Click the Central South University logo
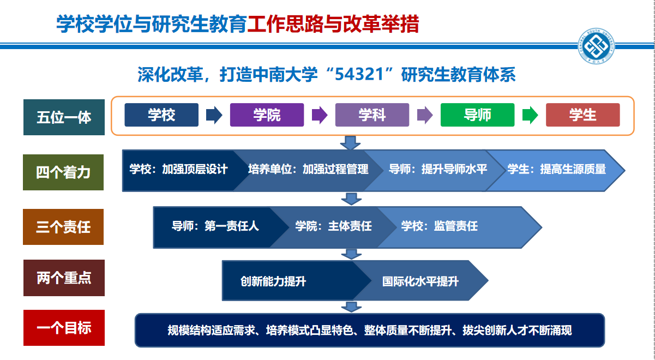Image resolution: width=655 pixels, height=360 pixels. pyautogui.click(x=596, y=46)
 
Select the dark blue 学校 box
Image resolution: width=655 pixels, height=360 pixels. pyautogui.click(x=161, y=115)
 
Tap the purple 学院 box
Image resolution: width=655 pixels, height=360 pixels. pyautogui.click(x=267, y=115)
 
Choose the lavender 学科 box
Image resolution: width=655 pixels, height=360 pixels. pyautogui.click(x=372, y=115)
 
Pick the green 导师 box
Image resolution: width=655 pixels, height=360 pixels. pyautogui.click(x=478, y=115)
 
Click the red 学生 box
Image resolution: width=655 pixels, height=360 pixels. pyautogui.click(x=583, y=115)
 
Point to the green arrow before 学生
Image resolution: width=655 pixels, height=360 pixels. pyautogui.click(x=530, y=115)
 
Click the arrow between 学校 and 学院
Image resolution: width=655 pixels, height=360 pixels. pyautogui.click(x=214, y=115)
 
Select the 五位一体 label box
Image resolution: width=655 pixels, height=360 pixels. pyautogui.click(x=64, y=117)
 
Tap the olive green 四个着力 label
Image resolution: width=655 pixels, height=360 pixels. pyautogui.click(x=63, y=172)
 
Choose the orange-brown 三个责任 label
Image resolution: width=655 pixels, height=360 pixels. pyautogui.click(x=63, y=227)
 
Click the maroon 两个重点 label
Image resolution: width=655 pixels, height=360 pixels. pyautogui.click(x=64, y=278)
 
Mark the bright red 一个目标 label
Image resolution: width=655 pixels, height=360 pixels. pyautogui.click(x=64, y=328)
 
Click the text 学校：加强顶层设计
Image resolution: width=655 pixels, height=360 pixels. pyautogui.click(x=179, y=169)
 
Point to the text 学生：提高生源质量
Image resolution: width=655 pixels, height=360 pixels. pyautogui.click(x=557, y=169)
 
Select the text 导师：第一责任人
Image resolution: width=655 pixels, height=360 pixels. pyautogui.click(x=215, y=226)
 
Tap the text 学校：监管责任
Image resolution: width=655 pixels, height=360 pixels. pyautogui.click(x=439, y=226)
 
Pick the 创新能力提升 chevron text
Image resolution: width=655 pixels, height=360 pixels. pyautogui.click(x=273, y=281)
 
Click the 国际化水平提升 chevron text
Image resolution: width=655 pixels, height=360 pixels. pyautogui.click(x=420, y=281)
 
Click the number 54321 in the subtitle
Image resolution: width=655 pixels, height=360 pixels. pyautogui.click(x=359, y=74)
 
